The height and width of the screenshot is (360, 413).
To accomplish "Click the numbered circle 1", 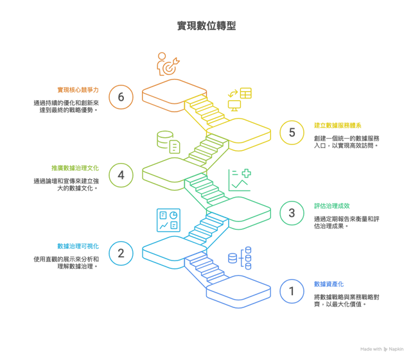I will [x=292, y=291].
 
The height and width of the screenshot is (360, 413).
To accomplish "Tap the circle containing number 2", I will [x=121, y=253].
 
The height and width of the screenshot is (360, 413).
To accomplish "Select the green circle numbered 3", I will [x=292, y=212].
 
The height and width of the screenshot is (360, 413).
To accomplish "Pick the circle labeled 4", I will [x=121, y=175].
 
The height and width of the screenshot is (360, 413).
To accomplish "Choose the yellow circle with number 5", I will [x=292, y=133].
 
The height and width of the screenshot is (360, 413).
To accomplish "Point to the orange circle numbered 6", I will [x=121, y=97].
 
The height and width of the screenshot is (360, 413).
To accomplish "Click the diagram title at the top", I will [x=206, y=26].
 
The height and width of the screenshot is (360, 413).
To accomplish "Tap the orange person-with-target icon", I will [x=168, y=64].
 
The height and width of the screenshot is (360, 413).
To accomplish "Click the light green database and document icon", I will [x=168, y=142].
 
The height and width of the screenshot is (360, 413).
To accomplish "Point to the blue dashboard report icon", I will [x=168, y=220].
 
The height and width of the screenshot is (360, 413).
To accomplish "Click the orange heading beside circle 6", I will [x=78, y=90].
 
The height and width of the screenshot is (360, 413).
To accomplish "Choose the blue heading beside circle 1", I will [x=327, y=283].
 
